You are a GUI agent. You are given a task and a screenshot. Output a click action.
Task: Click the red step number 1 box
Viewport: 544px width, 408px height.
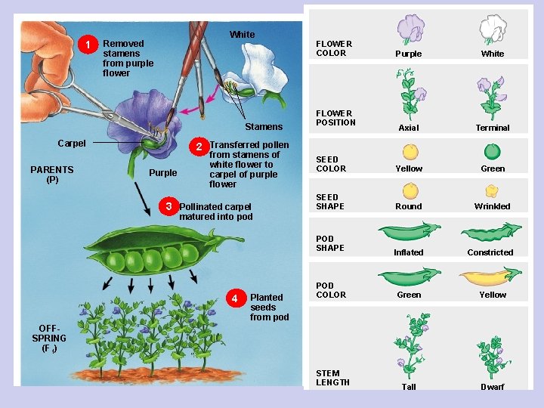89,45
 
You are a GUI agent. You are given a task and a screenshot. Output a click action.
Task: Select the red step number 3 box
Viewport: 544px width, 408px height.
169,206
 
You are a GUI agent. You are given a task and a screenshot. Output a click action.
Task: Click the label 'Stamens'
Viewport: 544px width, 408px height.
264,127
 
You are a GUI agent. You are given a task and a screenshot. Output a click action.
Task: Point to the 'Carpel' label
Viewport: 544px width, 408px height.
72,144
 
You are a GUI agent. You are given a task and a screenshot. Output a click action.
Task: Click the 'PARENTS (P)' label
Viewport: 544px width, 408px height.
52,175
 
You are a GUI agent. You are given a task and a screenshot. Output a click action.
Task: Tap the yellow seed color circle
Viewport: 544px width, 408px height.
410,149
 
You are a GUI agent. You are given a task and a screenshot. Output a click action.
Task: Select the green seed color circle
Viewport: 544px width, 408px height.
493,149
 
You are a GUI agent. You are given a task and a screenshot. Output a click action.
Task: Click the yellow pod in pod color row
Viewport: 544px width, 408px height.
492,277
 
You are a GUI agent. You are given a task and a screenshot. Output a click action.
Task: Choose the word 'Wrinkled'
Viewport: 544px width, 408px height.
493,206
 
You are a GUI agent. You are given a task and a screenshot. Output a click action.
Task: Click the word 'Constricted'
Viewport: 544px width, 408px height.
490,252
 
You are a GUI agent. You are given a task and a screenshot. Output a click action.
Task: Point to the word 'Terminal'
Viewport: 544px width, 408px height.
493,128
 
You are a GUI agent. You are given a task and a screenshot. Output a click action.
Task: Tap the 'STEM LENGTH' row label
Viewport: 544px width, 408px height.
332,378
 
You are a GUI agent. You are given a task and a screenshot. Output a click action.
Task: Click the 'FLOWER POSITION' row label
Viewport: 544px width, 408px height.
335,118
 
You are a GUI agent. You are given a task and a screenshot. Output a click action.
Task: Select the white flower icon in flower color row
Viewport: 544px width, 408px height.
493,29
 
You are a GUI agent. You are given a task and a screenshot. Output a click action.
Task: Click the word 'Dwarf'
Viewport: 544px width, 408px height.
493,387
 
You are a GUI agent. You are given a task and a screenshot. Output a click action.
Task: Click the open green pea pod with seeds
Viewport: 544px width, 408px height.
144,255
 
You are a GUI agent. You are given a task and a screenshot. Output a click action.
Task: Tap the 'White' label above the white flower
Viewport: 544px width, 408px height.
242,35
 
